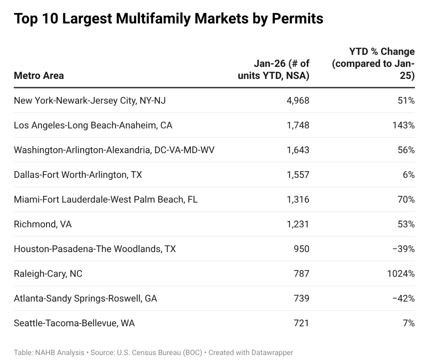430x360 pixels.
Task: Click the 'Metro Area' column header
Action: point(39,76)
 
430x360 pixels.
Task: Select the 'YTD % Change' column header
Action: point(373,63)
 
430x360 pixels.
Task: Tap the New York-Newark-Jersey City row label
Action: point(90,101)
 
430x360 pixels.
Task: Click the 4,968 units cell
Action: point(298,101)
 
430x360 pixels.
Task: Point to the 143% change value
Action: point(403,125)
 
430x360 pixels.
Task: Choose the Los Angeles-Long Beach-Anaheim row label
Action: point(93,125)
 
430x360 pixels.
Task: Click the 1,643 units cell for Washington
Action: point(298,150)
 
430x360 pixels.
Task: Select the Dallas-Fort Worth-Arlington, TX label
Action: point(78,175)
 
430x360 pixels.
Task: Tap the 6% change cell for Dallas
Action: point(408,175)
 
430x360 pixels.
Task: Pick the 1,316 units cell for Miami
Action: point(298,199)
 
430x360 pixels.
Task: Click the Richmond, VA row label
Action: point(43,224)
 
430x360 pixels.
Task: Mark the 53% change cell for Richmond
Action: point(406,224)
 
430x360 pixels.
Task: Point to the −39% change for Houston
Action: point(404,249)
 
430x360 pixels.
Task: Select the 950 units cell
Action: point(301,249)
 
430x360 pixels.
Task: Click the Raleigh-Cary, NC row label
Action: point(48,274)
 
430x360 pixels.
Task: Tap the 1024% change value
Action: point(401,274)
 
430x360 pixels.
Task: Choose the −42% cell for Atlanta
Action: point(404,298)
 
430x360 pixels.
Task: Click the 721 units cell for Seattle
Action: point(301,323)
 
